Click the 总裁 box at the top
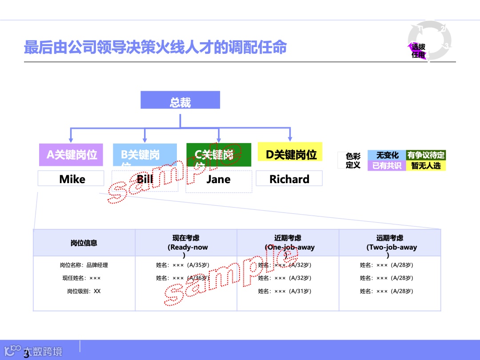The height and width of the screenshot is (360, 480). coord(180,100)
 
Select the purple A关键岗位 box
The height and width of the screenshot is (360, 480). coord(71,155)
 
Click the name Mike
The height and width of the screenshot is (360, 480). coord(72,179)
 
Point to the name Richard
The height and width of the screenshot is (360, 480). coord(289,179)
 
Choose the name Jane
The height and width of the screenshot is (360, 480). coord(218,180)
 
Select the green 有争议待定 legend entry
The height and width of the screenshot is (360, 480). coord(426,156)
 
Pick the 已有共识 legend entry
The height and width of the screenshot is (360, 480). coord(387,166)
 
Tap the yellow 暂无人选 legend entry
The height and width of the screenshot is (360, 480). coord(426,166)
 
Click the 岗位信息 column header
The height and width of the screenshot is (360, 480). coord(84,243)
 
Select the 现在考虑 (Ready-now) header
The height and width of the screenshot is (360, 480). coord(186,243)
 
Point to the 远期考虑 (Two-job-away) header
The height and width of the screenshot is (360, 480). coord(390,243)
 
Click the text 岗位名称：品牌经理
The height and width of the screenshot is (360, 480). coord(84,265)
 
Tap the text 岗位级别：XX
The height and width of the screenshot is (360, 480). coord(84,292)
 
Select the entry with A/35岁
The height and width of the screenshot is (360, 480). coord(182,265)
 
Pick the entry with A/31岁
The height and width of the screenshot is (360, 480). coord(284,292)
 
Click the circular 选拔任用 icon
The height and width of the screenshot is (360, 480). coord(429,40)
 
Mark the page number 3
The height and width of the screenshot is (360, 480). coord(26,354)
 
